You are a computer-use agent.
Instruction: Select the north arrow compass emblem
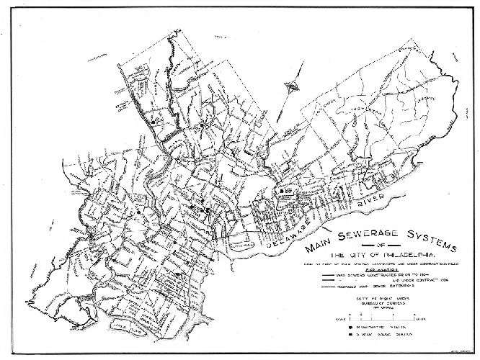coord(293,86)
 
